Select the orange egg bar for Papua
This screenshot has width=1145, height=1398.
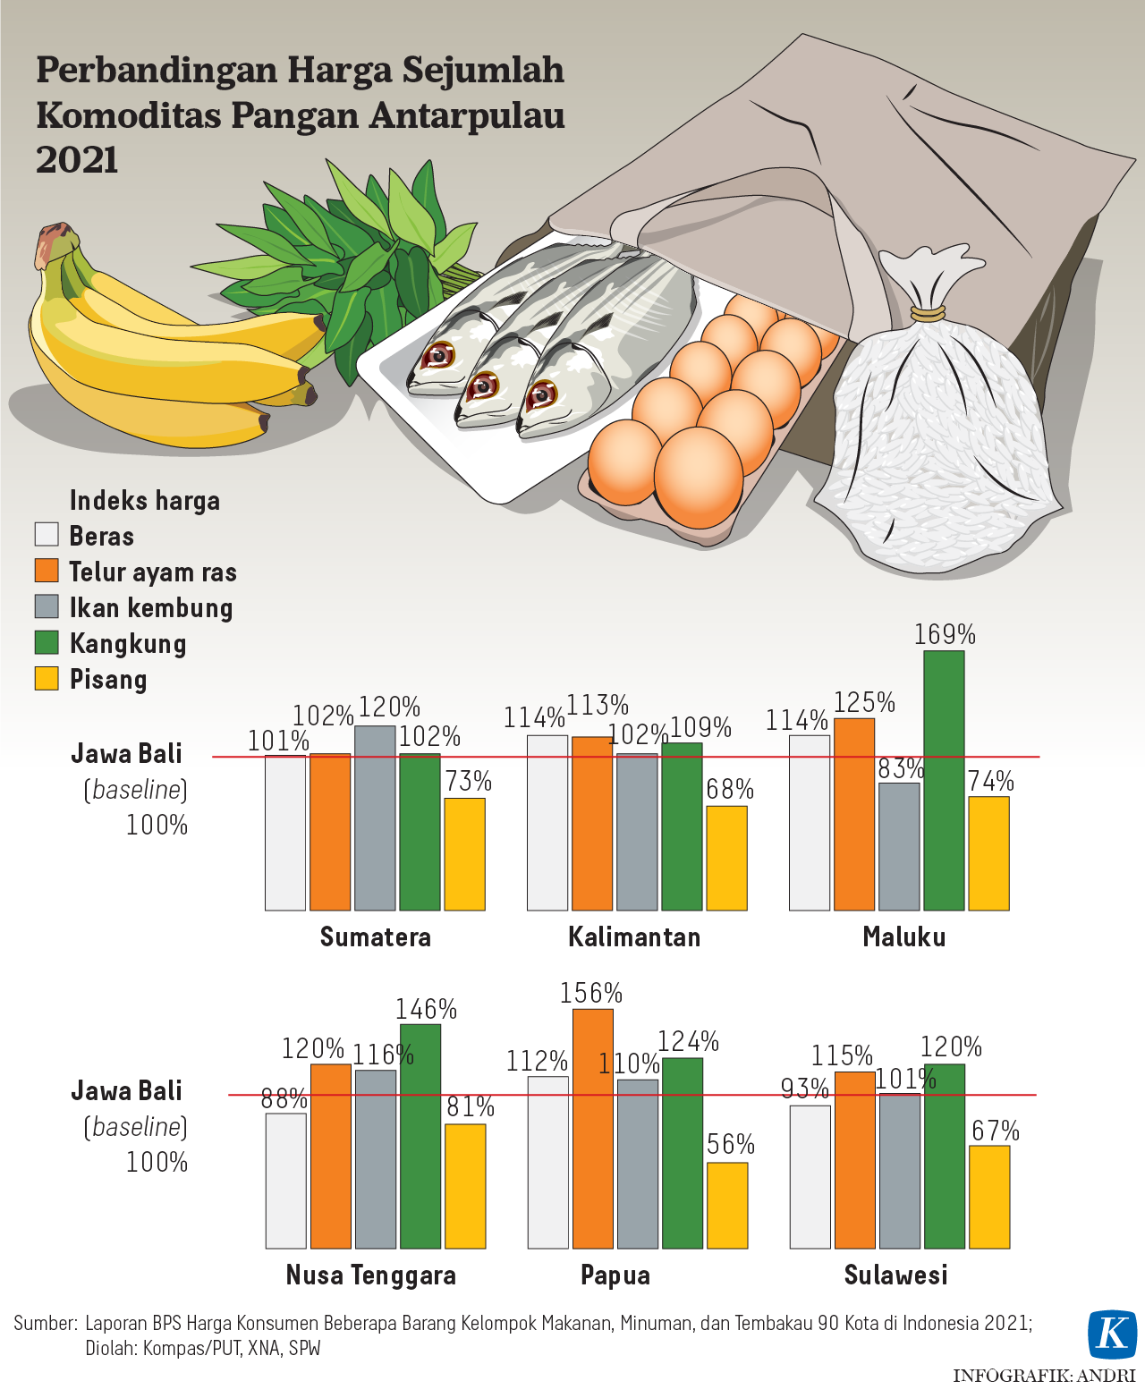593,1128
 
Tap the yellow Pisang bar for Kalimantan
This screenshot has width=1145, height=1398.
726,858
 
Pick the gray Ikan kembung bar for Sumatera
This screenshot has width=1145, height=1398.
375,818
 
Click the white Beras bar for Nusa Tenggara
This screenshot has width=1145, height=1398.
285,1180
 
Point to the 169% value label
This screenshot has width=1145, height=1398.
945,634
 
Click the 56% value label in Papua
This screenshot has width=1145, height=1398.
731,1144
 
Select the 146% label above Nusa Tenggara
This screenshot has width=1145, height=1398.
427,1009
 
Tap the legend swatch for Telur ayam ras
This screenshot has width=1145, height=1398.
47,571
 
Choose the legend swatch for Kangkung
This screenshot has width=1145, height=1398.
47,642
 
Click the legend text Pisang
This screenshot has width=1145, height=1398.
108,679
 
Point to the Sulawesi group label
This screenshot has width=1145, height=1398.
895,1275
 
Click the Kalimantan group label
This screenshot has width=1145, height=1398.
634,936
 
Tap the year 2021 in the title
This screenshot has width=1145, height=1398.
78,160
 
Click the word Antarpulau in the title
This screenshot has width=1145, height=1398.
467,115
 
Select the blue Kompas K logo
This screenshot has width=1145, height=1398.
1112,1334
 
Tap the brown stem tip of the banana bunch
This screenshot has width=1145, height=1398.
54,241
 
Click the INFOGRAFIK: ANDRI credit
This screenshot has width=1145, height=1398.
1043,1376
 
